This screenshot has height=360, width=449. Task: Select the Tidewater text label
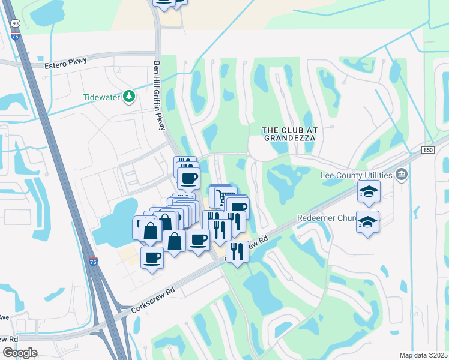101,97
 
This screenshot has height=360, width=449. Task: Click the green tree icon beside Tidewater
128,97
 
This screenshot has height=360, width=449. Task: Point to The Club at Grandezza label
288,133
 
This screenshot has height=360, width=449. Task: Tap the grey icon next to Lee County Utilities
401,175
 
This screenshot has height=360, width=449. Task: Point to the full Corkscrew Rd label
152,299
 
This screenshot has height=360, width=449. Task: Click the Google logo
20,353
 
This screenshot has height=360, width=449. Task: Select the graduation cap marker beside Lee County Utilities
369,192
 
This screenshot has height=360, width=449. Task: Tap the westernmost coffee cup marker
152,258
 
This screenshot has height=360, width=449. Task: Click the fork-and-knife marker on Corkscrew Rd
238,252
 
